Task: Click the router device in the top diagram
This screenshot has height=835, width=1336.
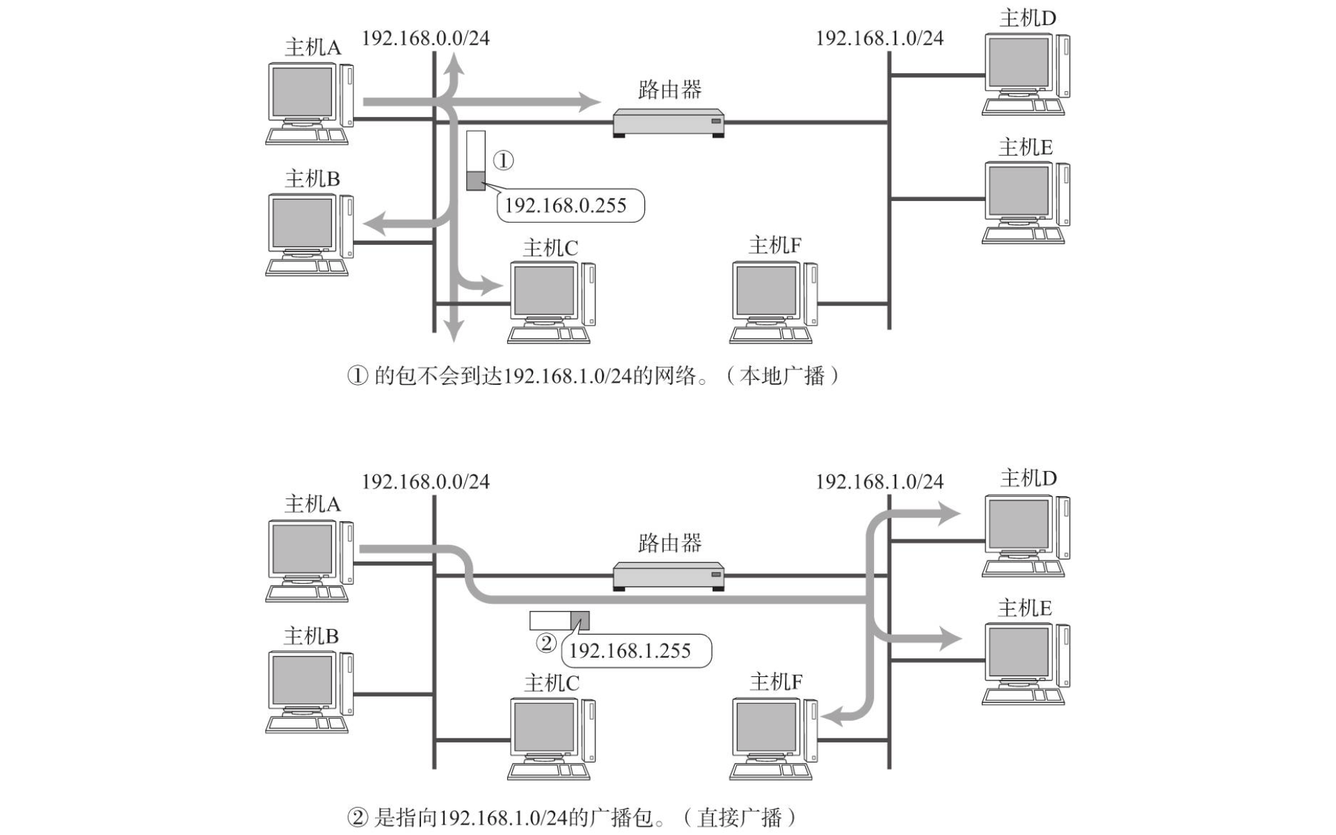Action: click(668, 122)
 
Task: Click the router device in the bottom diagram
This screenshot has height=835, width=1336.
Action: click(668, 575)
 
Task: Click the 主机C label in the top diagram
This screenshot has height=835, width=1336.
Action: click(550, 248)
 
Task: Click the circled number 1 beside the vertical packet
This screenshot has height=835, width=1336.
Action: click(503, 161)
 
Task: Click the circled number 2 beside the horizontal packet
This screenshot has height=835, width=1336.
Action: click(546, 642)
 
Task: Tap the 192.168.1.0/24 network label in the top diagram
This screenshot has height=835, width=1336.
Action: click(880, 38)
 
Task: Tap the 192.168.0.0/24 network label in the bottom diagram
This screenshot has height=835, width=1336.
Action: click(425, 482)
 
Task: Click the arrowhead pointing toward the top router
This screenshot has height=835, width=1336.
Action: click(590, 102)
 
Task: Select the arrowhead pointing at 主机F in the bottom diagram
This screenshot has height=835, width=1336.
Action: click(832, 715)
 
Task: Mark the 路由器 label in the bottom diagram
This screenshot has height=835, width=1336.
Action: click(669, 543)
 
